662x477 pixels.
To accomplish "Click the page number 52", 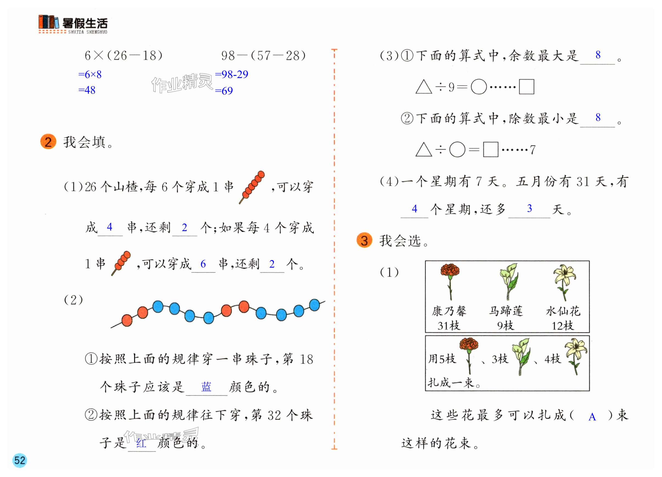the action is pos(20,460).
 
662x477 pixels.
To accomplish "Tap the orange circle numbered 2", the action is pos(48,142).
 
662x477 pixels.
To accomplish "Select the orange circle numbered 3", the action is pos(364,240).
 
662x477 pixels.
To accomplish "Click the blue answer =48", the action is pos(87,90).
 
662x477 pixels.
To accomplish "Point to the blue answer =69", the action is pos(224,91).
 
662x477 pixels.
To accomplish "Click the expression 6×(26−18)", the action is pos(123,56).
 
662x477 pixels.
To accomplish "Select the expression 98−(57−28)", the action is pos(263,56).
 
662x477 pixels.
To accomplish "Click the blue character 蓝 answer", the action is pos(206,387).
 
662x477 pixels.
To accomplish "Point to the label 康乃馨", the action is pos(449,311).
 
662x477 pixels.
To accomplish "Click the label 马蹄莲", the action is pos(506,311).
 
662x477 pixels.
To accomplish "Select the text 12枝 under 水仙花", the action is pos(563,326).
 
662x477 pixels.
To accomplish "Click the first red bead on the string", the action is pos(127,320).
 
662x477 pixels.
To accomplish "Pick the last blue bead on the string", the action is pos(314,305).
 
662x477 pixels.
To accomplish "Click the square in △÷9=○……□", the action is pos(527,87).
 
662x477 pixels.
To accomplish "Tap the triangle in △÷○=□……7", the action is pos(424,150).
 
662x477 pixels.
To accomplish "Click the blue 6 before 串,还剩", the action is pos(203,264).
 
